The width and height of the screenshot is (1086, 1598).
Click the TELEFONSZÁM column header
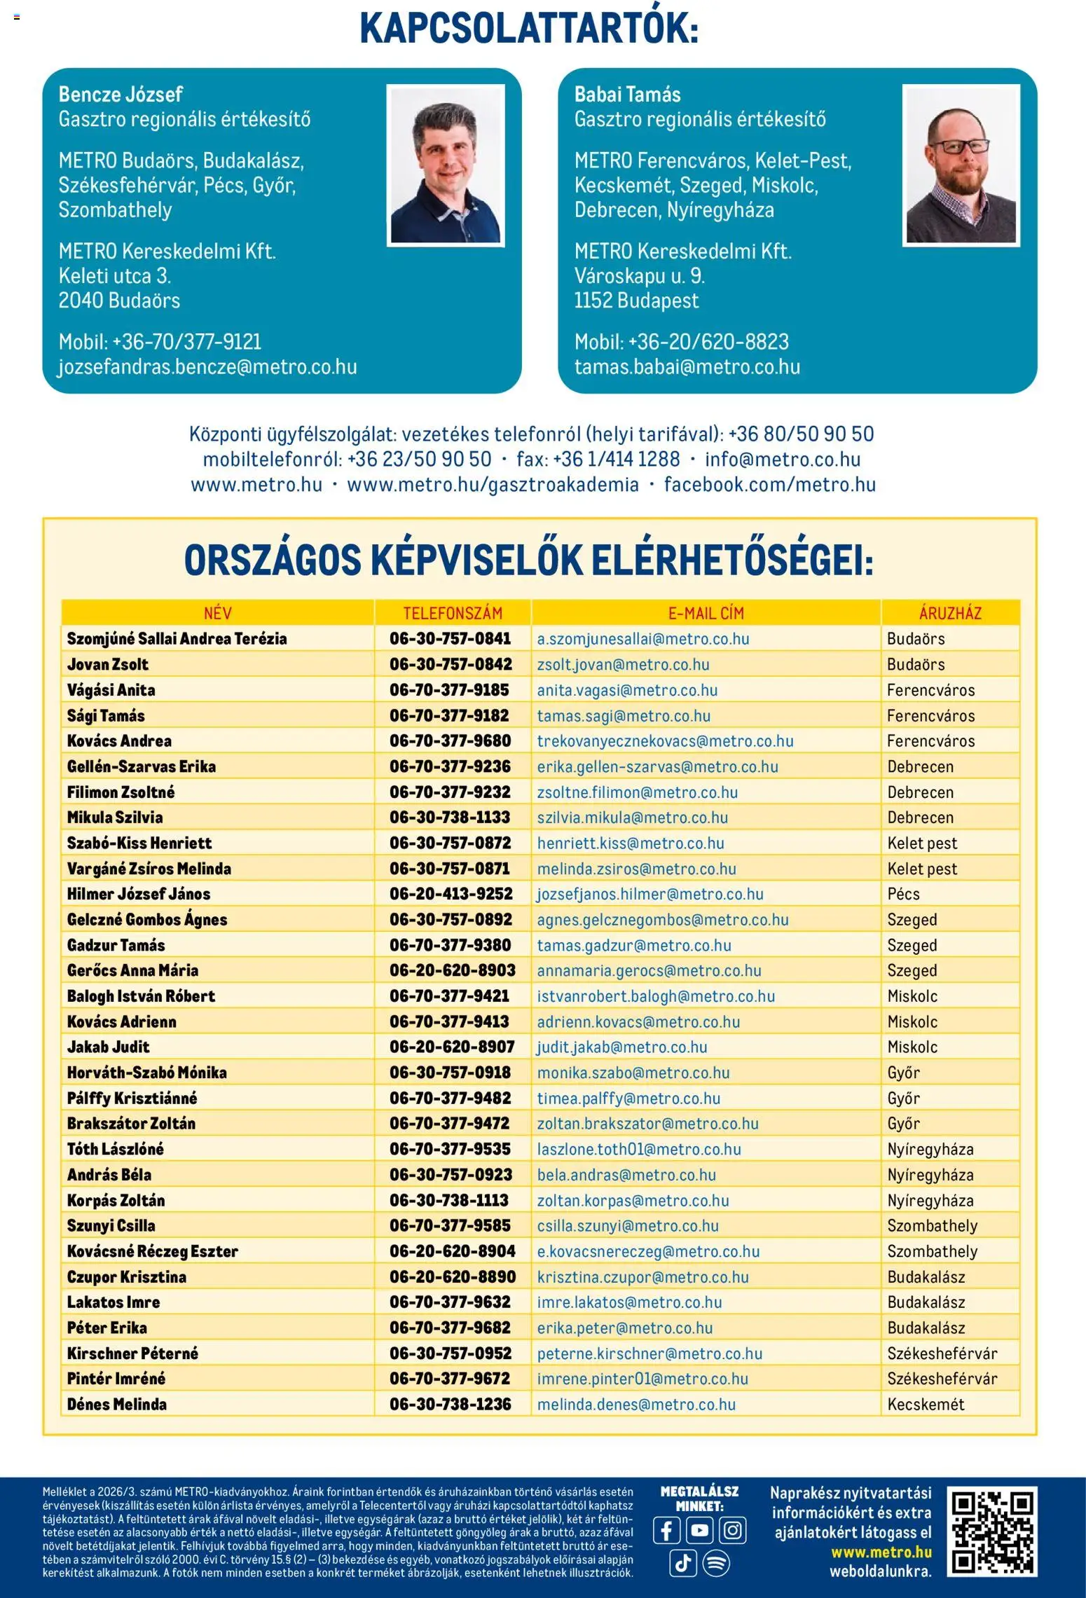coord(453,613)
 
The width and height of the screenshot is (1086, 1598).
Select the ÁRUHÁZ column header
coord(950,613)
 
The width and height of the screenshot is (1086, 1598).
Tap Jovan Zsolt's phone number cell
coord(451,664)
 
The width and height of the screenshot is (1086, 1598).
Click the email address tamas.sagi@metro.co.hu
coord(624,715)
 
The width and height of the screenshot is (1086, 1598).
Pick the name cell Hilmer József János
coord(139,894)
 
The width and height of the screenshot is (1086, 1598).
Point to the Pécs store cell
coord(903,894)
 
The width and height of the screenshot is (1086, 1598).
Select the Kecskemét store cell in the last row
coord(926,1404)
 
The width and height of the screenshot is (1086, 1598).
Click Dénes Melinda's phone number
coord(451,1404)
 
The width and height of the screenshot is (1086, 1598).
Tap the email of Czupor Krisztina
coord(642,1276)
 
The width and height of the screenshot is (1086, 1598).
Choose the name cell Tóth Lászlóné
coord(116,1149)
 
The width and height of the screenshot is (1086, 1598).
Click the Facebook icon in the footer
coord(666,1530)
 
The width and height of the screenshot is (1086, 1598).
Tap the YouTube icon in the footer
coord(699,1530)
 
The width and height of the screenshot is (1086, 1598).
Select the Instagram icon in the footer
coord(732,1530)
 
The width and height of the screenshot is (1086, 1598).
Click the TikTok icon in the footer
coord(682,1563)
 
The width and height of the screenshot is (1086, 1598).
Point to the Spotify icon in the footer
coord(716,1563)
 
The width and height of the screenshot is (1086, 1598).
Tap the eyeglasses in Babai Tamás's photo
coord(961,147)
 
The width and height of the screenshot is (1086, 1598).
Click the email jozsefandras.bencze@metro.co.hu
coord(207,367)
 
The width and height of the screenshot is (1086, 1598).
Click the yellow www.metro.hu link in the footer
coord(881,1552)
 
